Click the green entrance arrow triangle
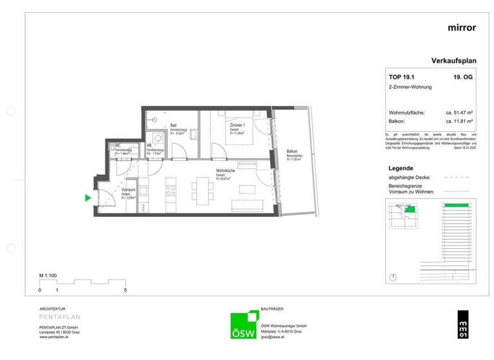88,199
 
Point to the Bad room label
173,125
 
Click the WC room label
118,146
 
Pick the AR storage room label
149,146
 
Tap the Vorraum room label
129,190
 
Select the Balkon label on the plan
293,152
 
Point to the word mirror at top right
461,28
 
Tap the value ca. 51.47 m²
459,113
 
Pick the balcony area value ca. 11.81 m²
459,121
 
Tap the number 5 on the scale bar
125,291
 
